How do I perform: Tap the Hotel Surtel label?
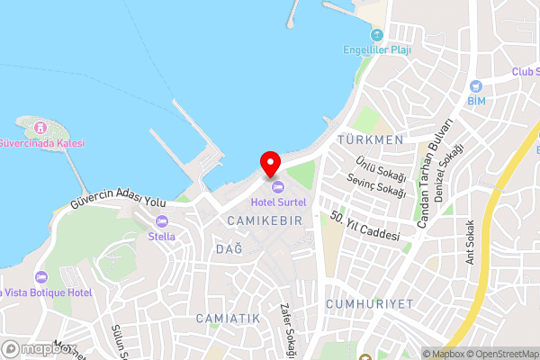[278, 202]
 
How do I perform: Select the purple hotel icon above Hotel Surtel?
[278, 187]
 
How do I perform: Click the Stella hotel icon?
[162, 221]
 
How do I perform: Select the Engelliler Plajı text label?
[377, 49]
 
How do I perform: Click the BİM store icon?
[476, 85]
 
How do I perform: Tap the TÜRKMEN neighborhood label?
[370, 140]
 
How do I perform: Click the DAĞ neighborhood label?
[229, 249]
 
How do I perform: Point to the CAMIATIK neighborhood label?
[228, 319]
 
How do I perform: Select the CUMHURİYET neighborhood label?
[370, 304]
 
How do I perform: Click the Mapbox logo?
[36, 348]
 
